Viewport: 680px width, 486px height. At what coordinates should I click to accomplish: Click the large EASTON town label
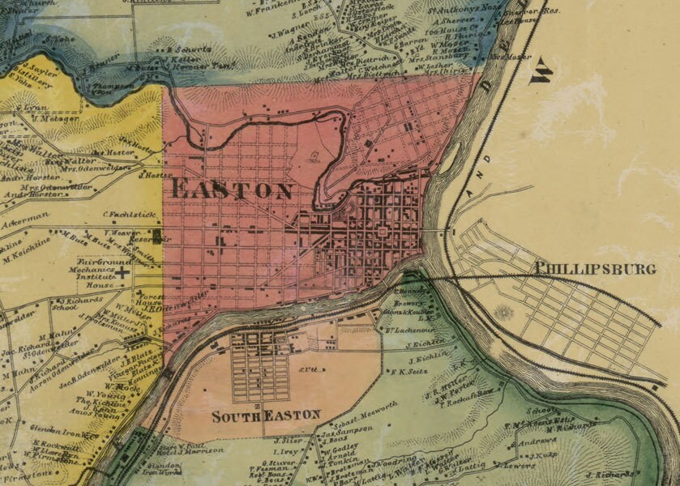(233, 191)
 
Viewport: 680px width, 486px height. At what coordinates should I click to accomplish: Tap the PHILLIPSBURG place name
(595, 269)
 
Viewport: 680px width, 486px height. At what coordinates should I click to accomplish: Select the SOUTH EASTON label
(266, 416)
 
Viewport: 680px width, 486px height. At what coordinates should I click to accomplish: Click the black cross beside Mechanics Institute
(122, 275)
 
